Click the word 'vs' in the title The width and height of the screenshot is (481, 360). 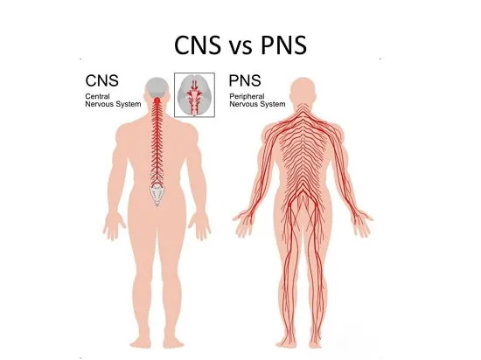(240, 47)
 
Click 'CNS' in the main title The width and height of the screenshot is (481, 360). (198, 45)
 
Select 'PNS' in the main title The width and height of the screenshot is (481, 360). (283, 45)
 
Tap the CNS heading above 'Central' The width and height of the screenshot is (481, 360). (101, 80)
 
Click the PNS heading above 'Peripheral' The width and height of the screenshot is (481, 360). (245, 80)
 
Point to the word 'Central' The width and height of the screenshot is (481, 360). (97, 96)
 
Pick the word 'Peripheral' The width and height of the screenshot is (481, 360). (247, 96)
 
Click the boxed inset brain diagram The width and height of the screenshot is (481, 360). (194, 95)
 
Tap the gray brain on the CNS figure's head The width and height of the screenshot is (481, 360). (157, 87)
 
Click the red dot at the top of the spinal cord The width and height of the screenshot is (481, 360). (157, 100)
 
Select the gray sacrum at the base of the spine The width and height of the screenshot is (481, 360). (157, 194)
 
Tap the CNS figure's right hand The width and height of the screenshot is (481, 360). (199, 226)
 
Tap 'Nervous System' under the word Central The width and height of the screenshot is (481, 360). (113, 104)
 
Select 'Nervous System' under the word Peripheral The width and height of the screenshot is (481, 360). (257, 104)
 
